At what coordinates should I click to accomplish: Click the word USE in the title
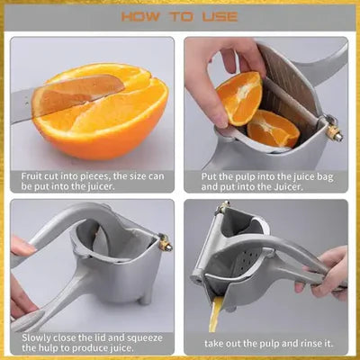pos(220,16)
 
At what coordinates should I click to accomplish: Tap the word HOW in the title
pos(140,16)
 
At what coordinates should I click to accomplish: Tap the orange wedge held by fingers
pos(240,98)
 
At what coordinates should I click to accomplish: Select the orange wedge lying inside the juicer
pos(273,129)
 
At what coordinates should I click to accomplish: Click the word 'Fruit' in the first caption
pos(31,176)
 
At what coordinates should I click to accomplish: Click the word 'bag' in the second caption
pos(325,177)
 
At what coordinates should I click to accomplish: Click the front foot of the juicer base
pos(146,298)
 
